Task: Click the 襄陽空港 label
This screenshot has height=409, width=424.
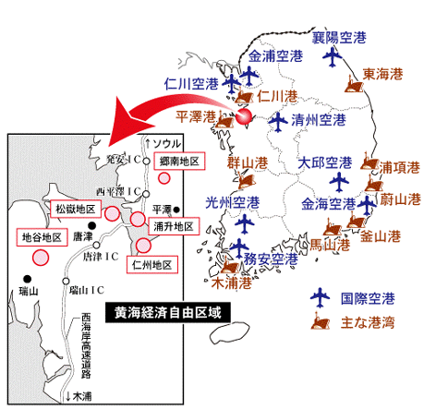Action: (339, 38)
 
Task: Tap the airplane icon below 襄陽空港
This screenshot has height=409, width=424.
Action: (333, 56)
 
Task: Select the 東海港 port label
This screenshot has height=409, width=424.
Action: (382, 74)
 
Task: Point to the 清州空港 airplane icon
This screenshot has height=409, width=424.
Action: (278, 122)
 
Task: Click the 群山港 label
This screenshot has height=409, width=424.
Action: (248, 162)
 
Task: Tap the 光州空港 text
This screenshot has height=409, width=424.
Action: (233, 202)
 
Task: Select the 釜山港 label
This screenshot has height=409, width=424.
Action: (381, 236)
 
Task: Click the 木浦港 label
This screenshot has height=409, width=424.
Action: (232, 283)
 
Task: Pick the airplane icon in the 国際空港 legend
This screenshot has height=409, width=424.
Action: (320, 297)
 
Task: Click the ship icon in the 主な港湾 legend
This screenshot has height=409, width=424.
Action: (321, 321)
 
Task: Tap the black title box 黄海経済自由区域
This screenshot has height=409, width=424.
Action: (168, 313)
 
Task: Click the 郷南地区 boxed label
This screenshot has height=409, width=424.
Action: (179, 161)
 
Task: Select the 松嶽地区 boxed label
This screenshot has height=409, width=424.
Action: (76, 209)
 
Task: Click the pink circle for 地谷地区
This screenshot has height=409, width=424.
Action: (41, 258)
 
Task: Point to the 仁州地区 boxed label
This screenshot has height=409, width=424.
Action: (152, 265)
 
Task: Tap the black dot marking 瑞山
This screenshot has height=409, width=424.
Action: (28, 279)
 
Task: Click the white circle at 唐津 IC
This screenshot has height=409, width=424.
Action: (96, 245)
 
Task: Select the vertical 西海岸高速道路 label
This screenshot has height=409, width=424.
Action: (86, 346)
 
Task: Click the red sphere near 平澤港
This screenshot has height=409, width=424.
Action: (244, 116)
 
